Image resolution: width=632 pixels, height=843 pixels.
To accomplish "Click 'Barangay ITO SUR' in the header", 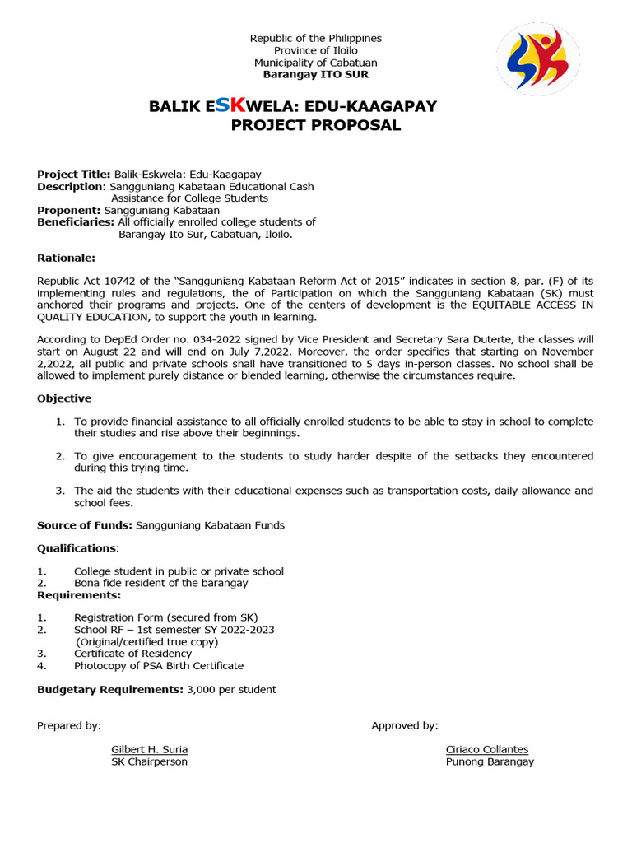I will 315,75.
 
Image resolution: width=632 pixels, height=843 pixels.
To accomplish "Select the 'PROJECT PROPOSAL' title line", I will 316,126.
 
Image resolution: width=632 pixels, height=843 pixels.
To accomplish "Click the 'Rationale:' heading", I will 66,258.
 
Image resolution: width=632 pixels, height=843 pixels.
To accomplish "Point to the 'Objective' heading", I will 64,398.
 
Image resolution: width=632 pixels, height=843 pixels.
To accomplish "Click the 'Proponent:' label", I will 70,210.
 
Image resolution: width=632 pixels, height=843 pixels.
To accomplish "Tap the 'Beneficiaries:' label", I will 76,222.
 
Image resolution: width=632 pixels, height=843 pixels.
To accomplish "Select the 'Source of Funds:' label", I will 85,525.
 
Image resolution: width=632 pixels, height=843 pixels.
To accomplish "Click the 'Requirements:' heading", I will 79,594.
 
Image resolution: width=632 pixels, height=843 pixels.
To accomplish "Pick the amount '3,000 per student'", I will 231,689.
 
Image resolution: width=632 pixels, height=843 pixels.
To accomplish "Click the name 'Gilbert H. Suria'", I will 150,749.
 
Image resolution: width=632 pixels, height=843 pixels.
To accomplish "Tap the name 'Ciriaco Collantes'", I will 487,749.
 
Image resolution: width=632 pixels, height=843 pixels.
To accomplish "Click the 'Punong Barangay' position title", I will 490,761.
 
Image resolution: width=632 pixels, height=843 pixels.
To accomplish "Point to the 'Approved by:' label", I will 405,725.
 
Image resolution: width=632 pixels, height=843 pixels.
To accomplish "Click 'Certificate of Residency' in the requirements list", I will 132,654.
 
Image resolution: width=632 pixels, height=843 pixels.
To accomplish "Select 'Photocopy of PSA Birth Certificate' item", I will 159,665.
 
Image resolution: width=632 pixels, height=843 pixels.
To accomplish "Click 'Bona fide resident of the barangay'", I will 160,583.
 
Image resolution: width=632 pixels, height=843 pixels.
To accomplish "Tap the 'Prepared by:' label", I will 69,725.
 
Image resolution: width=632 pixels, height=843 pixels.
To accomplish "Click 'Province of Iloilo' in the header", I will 316,51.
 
